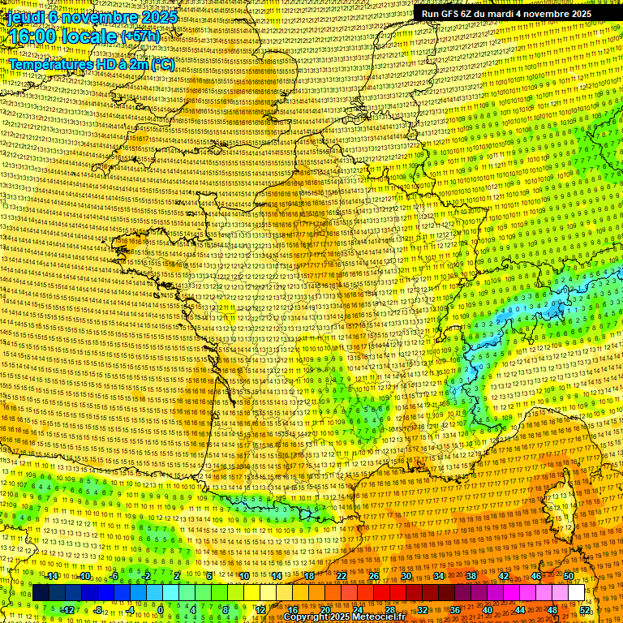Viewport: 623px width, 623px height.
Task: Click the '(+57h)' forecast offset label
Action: point(140,37)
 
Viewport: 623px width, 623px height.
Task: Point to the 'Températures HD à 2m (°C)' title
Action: point(91,64)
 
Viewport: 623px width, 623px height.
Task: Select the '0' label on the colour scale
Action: point(161,609)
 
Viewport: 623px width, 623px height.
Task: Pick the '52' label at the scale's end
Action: point(585,609)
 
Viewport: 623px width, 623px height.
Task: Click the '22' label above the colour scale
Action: point(342,576)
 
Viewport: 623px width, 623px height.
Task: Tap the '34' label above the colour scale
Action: point(439,576)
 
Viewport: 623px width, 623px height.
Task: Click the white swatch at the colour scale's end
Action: point(576,593)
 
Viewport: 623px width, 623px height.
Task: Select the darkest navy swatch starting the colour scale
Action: point(41,593)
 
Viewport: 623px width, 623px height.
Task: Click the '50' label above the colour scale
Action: point(569,576)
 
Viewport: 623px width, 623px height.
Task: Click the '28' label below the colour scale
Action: point(390,609)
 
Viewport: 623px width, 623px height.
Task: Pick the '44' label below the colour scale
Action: point(520,609)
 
